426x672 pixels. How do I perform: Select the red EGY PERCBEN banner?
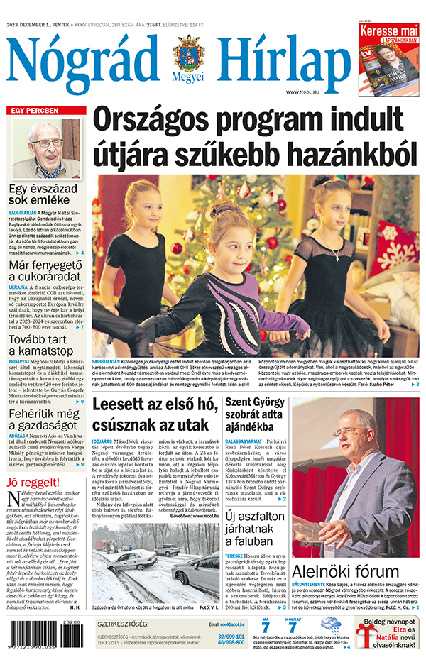click(x=47, y=111)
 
